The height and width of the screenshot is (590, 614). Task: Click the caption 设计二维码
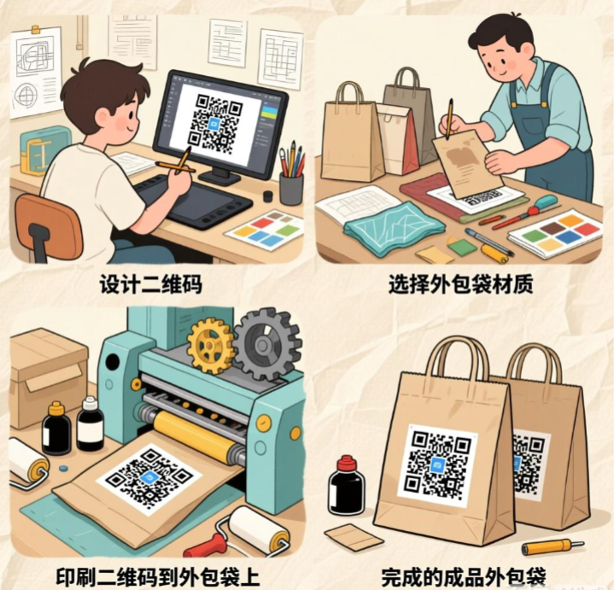(151, 283)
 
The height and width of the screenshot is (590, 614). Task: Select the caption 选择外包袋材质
(460, 283)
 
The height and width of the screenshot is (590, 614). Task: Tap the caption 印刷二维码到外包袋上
(157, 576)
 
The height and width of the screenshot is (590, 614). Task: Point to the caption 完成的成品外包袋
(464, 576)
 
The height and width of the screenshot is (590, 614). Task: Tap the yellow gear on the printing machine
(210, 345)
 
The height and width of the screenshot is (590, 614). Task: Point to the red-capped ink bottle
(346, 486)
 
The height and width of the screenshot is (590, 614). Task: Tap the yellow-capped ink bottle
(56, 428)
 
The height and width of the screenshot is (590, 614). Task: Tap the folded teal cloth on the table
(393, 228)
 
